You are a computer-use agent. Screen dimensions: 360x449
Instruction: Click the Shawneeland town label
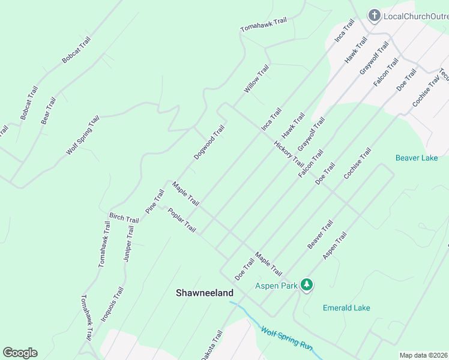[204, 293]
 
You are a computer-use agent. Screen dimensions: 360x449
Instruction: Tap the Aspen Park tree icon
[307, 285]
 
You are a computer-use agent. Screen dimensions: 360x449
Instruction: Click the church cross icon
[374, 16]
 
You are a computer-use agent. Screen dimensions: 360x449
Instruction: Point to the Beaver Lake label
[417, 158]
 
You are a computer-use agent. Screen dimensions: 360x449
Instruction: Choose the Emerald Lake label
[346, 308]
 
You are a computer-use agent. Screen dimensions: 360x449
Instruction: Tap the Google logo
[20, 353]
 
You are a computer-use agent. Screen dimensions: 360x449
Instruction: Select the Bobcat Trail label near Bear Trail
[29, 103]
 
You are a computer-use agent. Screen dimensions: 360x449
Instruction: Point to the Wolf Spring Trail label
[82, 136]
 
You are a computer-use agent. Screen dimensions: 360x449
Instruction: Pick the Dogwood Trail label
[209, 142]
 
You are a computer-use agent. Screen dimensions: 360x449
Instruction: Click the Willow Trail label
[256, 79]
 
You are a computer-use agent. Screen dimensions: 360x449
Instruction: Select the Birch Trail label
[124, 217]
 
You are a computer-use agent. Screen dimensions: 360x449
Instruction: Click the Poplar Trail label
[182, 220]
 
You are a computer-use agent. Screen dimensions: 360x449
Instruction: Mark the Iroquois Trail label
[112, 304]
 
